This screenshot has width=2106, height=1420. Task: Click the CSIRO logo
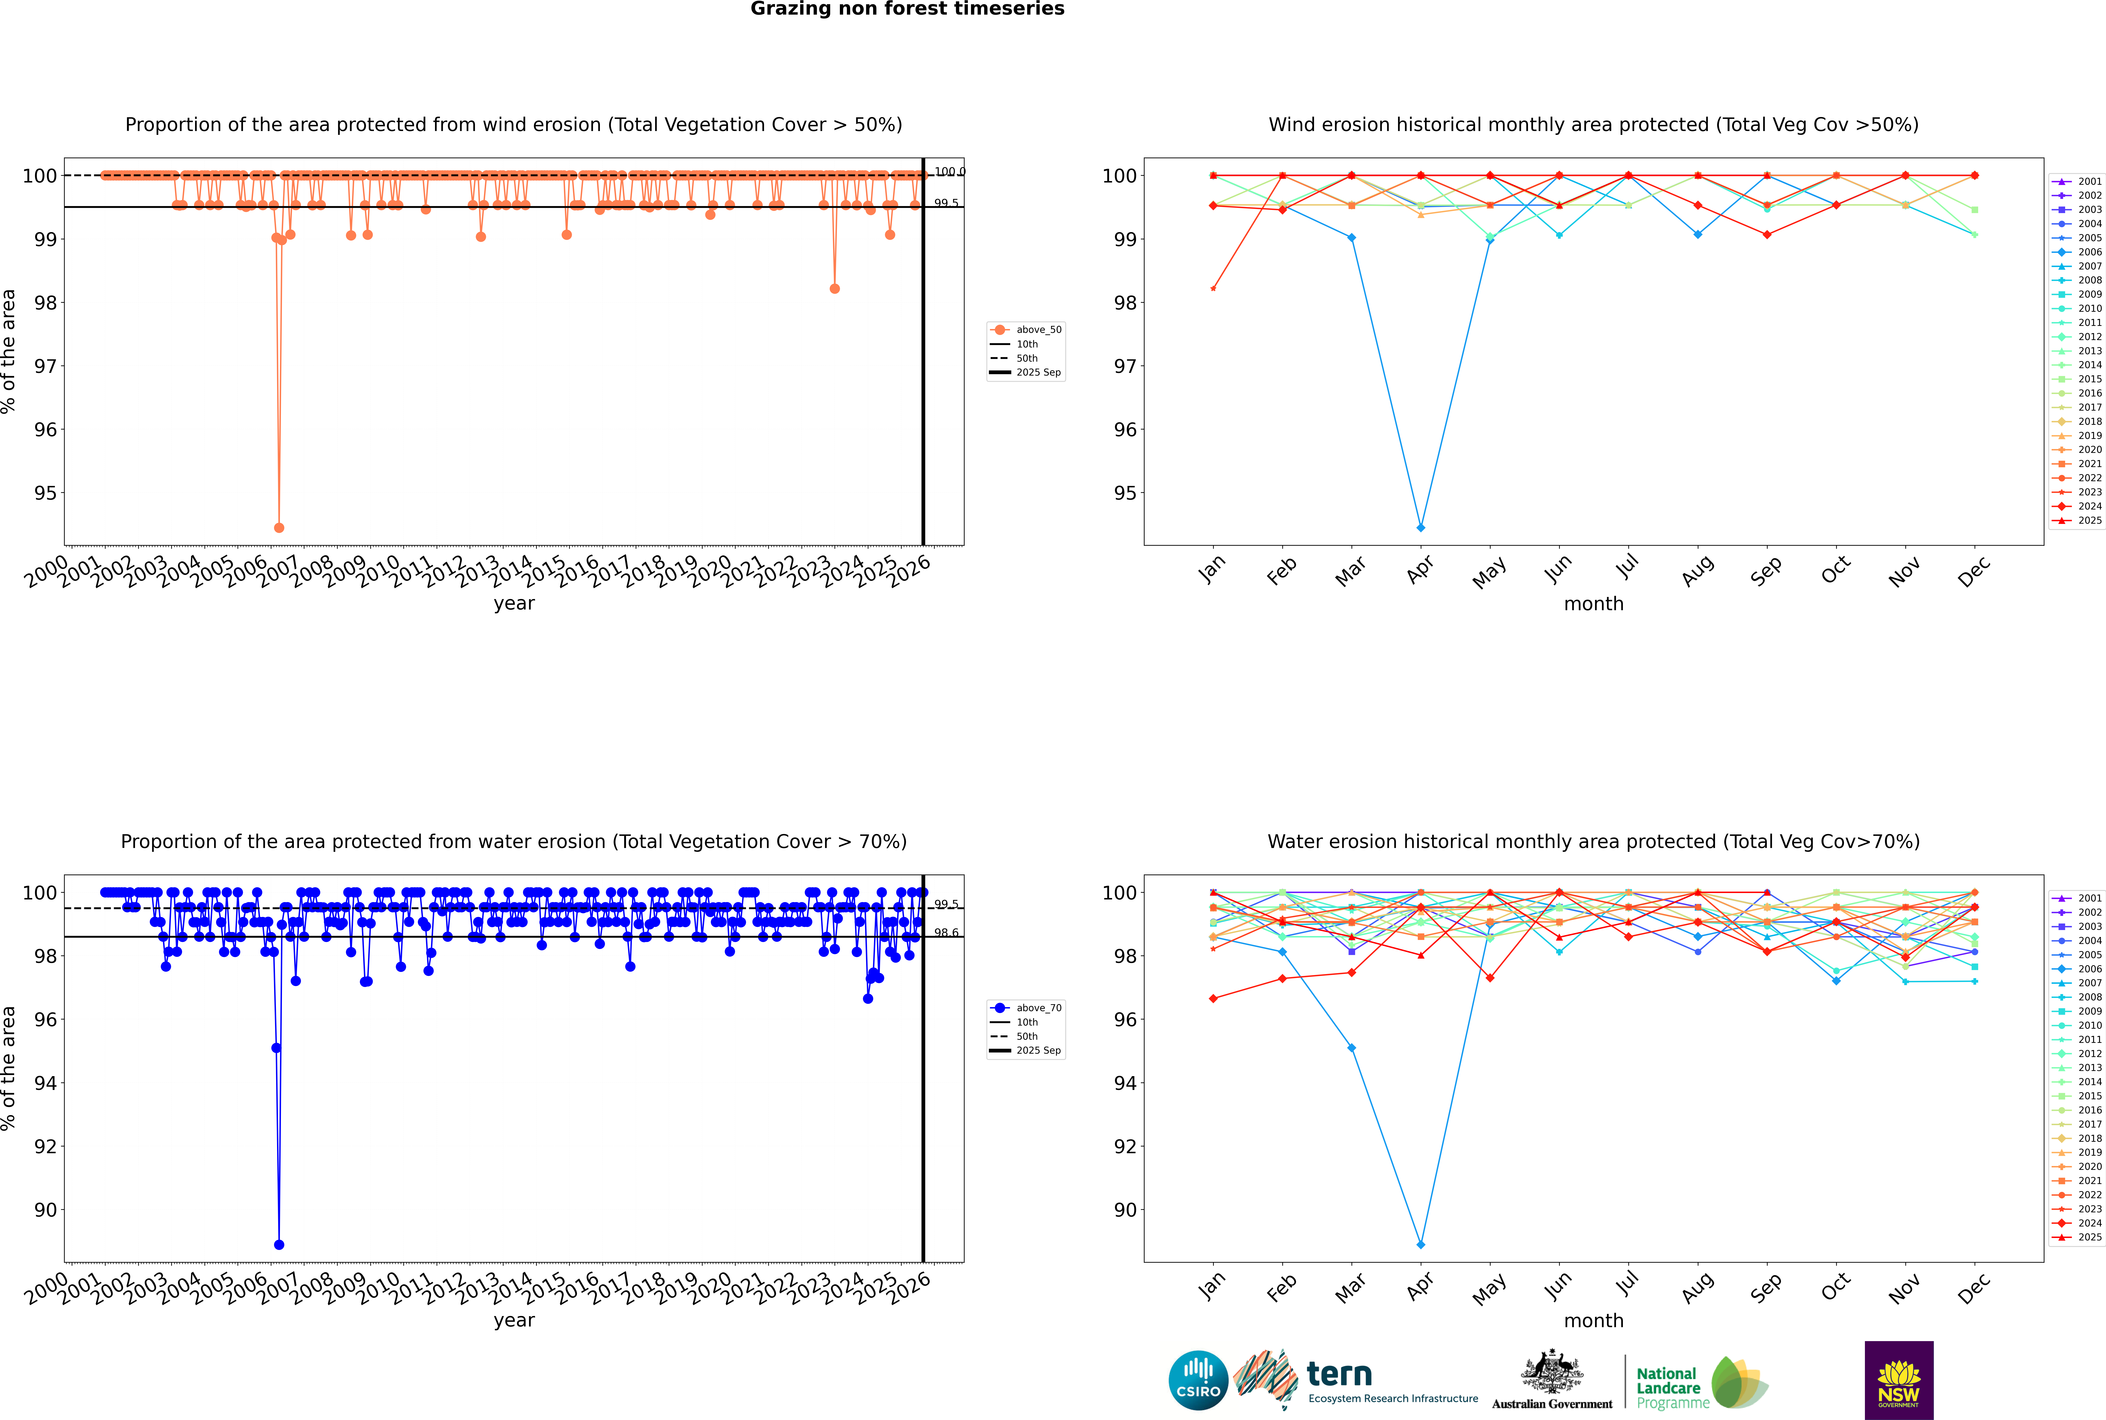(x=1198, y=1380)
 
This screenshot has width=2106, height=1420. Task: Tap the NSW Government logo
(x=1899, y=1379)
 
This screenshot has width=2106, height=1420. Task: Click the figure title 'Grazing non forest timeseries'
(x=907, y=9)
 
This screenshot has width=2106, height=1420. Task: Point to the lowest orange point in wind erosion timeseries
(x=279, y=527)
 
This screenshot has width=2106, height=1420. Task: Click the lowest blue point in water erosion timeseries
(x=279, y=1244)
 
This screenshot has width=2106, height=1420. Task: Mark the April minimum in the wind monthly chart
(x=1421, y=527)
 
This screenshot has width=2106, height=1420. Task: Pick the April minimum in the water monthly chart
(x=1421, y=1244)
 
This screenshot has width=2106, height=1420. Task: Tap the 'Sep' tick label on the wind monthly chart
(x=1766, y=570)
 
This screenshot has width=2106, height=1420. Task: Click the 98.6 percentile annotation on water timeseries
(x=946, y=933)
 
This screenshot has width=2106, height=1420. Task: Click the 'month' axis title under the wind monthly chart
(x=1593, y=604)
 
